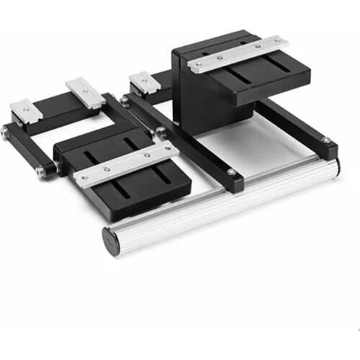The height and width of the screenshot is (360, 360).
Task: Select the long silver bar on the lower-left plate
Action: pyautogui.click(x=127, y=163)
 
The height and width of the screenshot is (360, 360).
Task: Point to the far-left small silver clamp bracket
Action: pyautogui.click(x=25, y=109)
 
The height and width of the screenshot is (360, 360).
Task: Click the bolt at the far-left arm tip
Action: pyautogui.click(x=6, y=132)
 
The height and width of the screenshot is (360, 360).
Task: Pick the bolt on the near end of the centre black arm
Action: pyautogui.click(x=231, y=172)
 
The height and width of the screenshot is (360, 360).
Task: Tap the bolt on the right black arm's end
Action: pyautogui.click(x=325, y=140)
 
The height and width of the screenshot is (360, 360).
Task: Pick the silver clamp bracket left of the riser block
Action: pyautogui.click(x=144, y=81)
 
